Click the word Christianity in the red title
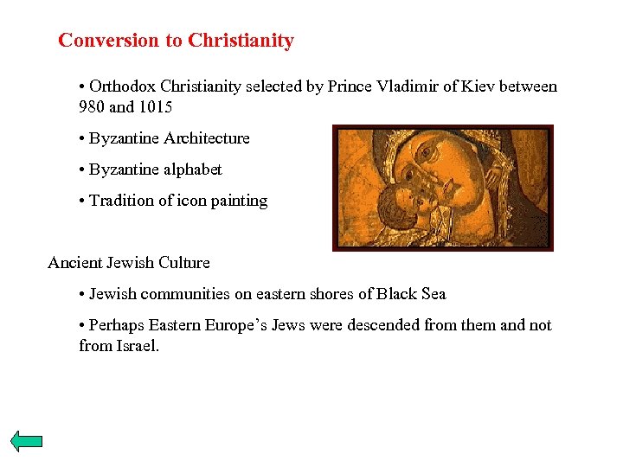[241, 41]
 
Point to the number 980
[92, 108]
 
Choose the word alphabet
[192, 170]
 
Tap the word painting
[238, 201]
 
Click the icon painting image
[442, 188]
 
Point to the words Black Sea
[411, 294]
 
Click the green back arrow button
[27, 441]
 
